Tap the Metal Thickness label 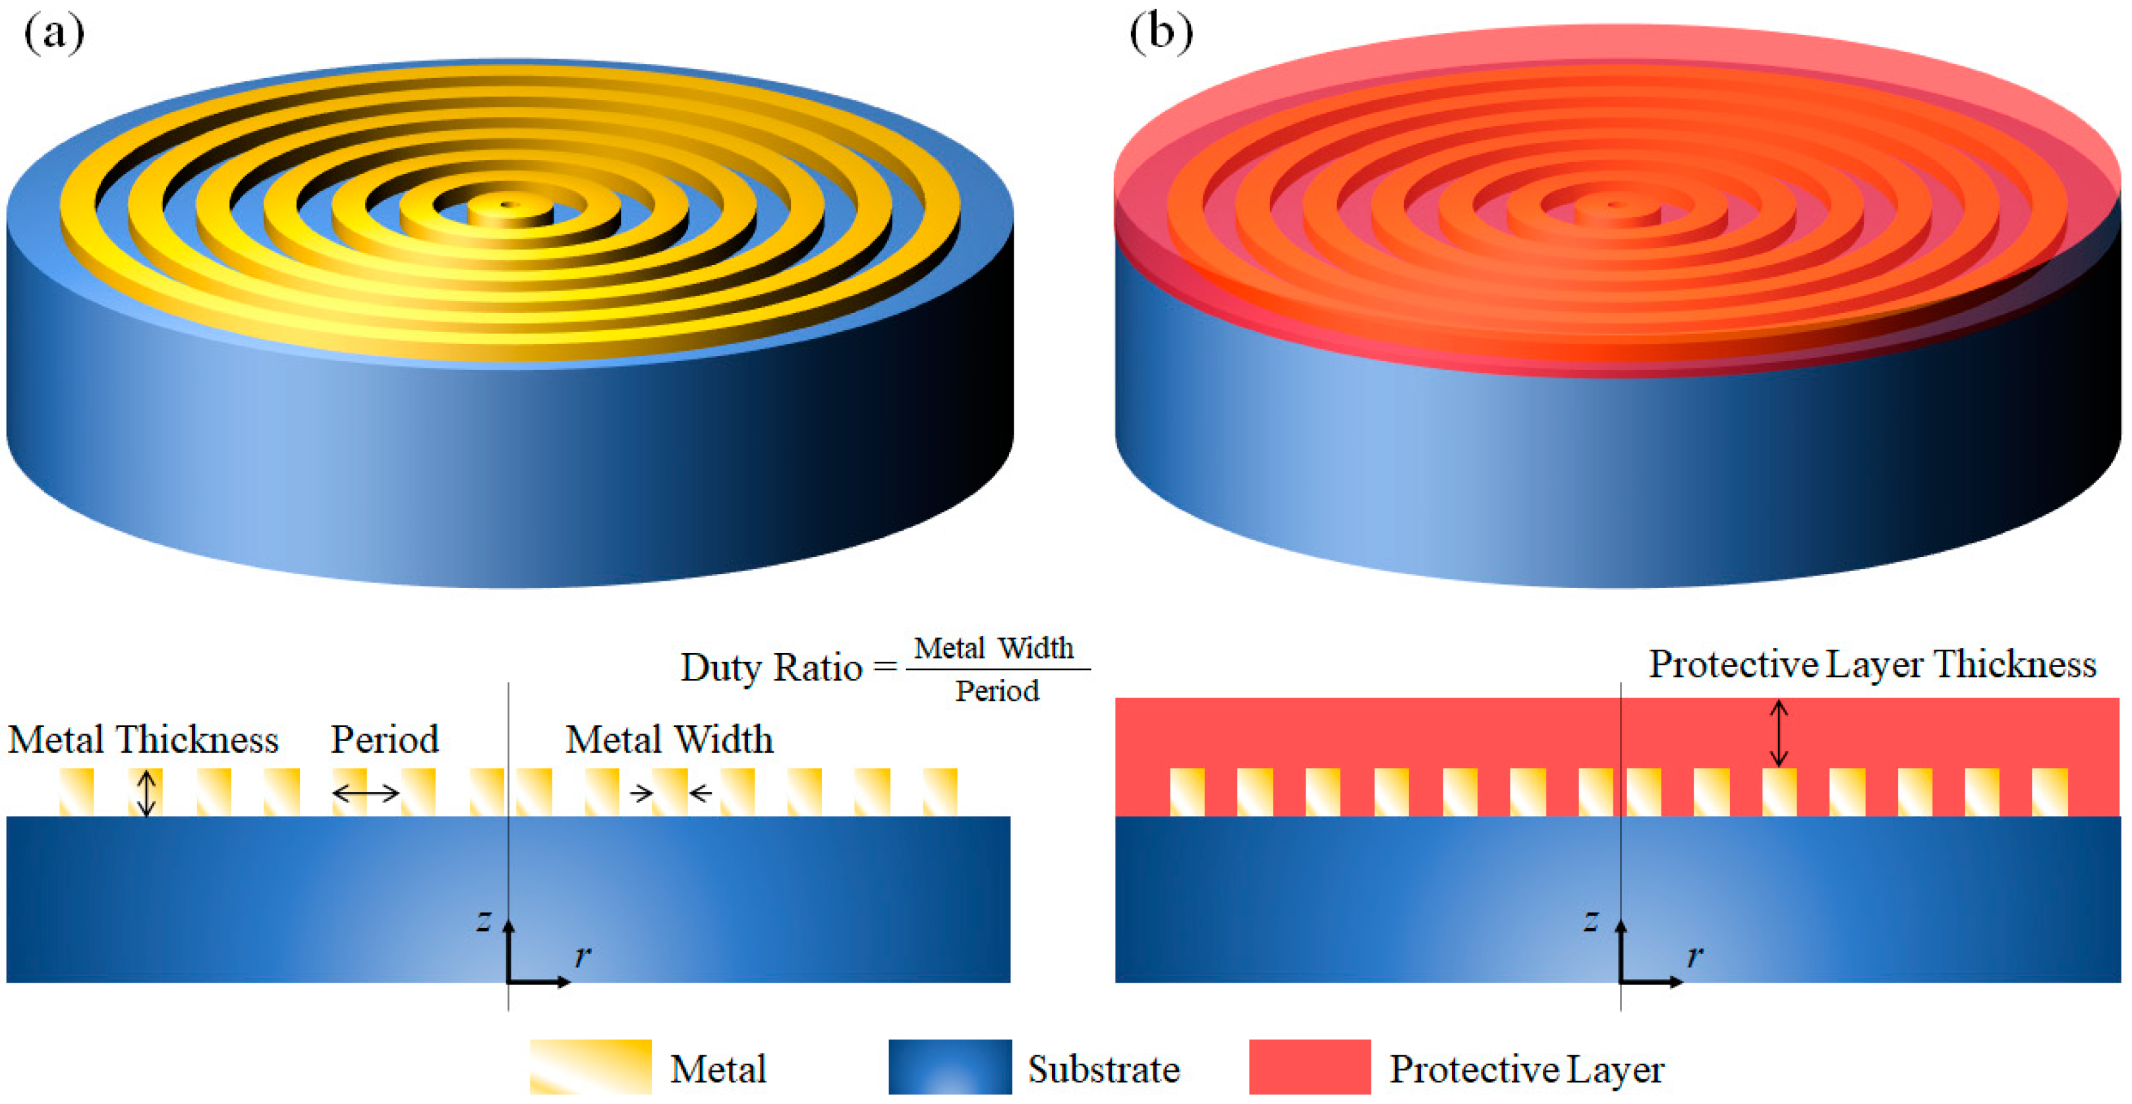tap(143, 739)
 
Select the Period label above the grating tap(384, 739)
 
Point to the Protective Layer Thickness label tap(1872, 664)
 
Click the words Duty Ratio tap(770, 667)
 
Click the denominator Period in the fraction tap(997, 691)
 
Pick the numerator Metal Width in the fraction tap(994, 648)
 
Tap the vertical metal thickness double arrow tap(146, 793)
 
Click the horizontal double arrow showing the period tap(365, 794)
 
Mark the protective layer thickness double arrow tap(1779, 733)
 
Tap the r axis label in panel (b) tap(1695, 956)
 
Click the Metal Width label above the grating tap(669, 739)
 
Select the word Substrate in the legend tap(1103, 1069)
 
